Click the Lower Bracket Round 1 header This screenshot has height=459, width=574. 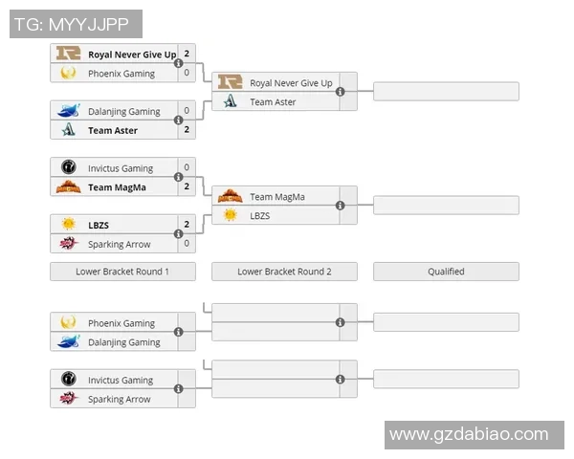coord(122,272)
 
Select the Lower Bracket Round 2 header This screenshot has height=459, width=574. coord(284,272)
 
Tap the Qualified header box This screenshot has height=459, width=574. coord(446,272)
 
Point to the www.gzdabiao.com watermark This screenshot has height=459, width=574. coord(469,434)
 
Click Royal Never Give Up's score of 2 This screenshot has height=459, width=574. coord(187,55)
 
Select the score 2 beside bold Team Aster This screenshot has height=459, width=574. coord(187,130)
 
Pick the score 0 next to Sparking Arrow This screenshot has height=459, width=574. coord(187,244)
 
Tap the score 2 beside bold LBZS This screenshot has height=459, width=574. coord(187,225)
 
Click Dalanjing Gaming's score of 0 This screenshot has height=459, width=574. coord(187,111)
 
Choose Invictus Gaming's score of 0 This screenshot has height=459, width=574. coord(187,168)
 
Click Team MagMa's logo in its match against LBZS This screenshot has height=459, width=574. coord(231,197)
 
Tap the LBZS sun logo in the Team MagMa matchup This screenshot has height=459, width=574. coord(231,216)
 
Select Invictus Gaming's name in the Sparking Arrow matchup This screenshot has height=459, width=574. coord(121,381)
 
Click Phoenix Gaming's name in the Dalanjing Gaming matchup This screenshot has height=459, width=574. coord(121,323)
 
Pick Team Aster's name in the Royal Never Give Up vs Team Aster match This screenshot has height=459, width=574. coord(274,102)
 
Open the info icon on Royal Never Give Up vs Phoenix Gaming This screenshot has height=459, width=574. coord(179,63)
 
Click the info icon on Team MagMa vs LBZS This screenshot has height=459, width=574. coord(341,206)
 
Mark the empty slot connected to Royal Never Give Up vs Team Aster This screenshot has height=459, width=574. coord(446,92)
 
